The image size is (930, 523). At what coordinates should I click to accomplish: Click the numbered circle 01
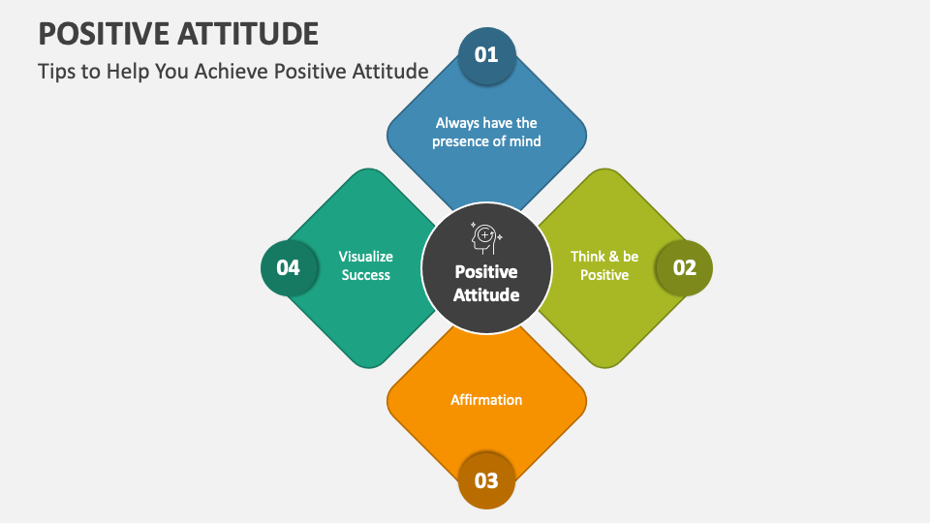[486, 54]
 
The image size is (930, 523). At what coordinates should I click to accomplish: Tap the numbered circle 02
[684, 268]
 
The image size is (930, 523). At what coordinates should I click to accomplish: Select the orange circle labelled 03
[486, 480]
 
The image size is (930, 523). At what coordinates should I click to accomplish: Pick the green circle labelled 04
[289, 268]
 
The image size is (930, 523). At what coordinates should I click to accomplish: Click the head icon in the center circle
[485, 237]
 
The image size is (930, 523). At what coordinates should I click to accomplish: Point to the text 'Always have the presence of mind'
[486, 132]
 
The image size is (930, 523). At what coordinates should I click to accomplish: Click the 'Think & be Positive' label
[604, 265]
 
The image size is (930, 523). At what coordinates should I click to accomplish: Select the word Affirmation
[486, 399]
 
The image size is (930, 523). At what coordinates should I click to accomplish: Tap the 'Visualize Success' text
[366, 265]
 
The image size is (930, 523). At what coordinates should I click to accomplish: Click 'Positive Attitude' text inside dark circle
[486, 283]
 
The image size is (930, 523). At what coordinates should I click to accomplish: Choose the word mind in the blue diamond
[524, 140]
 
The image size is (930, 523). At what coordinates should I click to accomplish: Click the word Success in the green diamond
[366, 275]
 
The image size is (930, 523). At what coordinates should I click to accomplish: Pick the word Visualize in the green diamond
[366, 257]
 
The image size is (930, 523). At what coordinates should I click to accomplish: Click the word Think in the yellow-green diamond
[587, 257]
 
